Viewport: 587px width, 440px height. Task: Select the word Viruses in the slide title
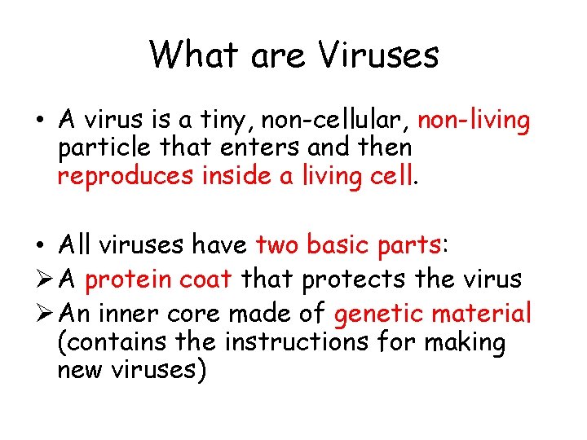coord(378,55)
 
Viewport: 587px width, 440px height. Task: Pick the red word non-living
coord(474,121)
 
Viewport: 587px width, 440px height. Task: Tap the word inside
coord(228,174)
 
